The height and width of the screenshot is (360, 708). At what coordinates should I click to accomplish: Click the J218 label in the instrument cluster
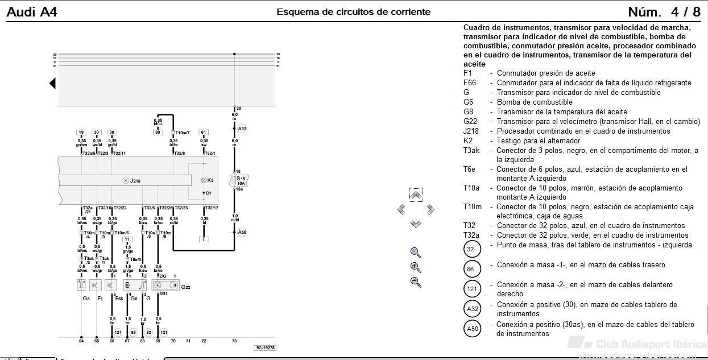coord(135,180)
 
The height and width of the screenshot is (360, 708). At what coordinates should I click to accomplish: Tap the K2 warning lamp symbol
coord(204,180)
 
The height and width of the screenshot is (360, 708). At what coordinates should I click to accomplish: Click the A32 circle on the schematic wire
coord(242,129)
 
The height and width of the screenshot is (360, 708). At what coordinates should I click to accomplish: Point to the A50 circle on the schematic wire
coord(242,232)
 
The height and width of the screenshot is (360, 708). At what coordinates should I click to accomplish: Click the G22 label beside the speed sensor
coord(185,287)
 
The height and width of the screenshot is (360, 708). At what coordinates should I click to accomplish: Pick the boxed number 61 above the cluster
coord(204,133)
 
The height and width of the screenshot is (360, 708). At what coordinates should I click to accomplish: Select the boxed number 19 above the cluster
coord(81,133)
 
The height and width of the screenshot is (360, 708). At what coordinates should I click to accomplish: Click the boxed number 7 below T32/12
coord(204,239)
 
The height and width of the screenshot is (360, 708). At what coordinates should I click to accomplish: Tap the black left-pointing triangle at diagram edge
coord(52,84)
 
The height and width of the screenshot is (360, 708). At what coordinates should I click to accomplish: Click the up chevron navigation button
coord(416,195)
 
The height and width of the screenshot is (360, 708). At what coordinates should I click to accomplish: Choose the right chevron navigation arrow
coord(430,209)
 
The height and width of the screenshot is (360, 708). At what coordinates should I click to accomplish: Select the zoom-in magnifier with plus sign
coord(416,267)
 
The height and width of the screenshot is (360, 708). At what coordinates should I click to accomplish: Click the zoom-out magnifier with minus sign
coord(416,282)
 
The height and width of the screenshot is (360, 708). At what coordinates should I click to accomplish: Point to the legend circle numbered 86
coord(472,268)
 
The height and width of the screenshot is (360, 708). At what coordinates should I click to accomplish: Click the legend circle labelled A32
coord(472,309)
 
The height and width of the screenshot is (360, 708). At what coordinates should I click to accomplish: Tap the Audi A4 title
coord(32,11)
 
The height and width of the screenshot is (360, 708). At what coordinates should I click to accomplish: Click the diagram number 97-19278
coord(264,347)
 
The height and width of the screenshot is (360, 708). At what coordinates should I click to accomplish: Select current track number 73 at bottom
coord(234,341)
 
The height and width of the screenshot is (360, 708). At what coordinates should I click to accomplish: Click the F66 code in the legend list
coord(470,82)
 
